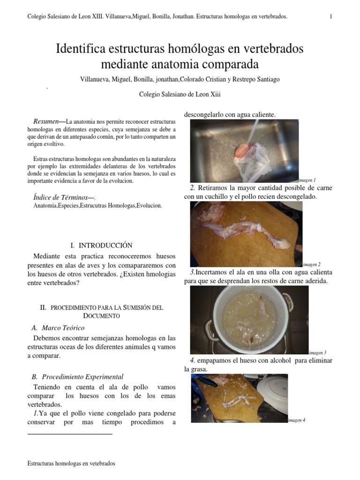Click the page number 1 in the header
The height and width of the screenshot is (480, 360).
point(331,17)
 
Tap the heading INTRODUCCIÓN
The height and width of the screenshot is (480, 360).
point(105,245)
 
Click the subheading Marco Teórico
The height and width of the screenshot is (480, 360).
point(63,328)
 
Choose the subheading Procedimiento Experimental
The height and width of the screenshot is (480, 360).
point(82,376)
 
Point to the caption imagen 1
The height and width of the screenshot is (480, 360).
point(307,180)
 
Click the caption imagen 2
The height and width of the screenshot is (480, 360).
point(312,264)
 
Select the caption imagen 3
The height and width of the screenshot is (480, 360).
point(317,352)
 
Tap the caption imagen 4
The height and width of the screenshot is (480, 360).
point(296,420)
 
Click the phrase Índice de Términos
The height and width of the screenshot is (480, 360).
point(63,198)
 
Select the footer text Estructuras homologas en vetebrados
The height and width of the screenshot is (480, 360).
point(71,463)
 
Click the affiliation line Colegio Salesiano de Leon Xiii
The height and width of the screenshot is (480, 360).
point(180,94)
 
